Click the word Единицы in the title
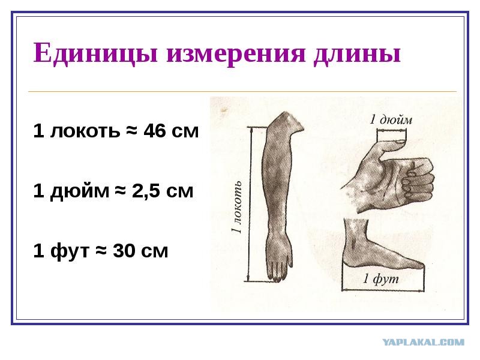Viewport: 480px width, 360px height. coord(95,53)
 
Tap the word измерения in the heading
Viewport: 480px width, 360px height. coord(236,54)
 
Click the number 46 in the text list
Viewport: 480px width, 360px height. coord(155,131)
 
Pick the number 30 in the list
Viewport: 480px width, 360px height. coord(124,251)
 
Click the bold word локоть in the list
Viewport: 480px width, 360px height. coord(85,131)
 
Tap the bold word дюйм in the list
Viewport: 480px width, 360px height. coord(80,192)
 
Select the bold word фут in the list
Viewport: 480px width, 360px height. coord(70,252)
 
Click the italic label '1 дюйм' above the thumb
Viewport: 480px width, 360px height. coord(391,119)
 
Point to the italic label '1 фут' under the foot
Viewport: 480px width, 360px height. coord(381,279)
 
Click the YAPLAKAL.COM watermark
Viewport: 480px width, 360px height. coord(424,342)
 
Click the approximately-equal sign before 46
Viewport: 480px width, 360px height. coord(131,131)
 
